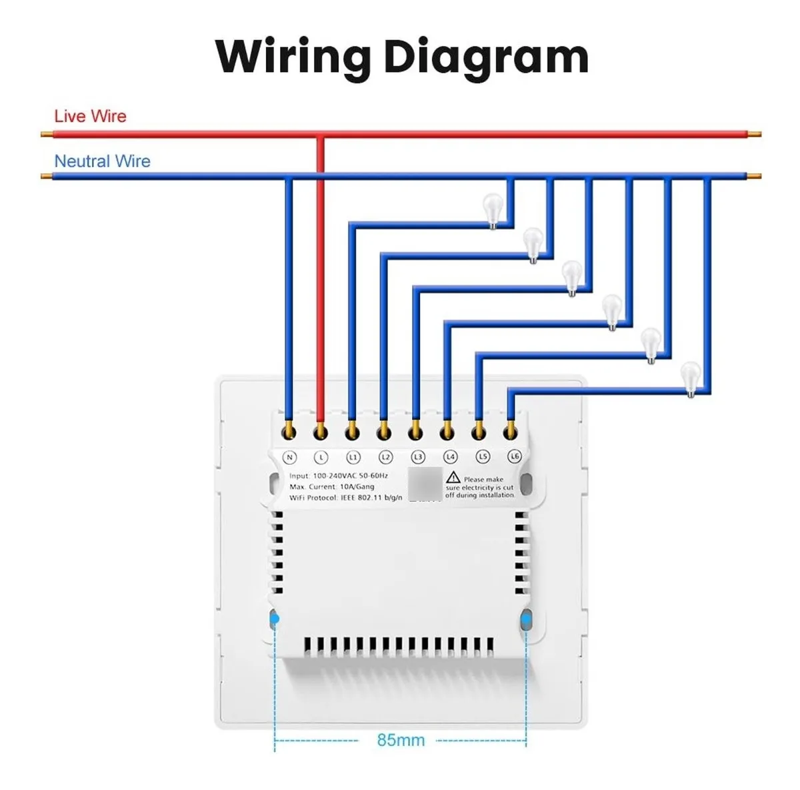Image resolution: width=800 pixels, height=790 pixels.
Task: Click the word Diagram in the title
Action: coord(486,57)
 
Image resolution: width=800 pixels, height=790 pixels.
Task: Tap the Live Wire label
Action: coord(90,117)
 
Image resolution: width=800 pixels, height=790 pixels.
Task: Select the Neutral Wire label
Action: coord(102,161)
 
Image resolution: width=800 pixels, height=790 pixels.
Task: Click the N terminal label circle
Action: coord(289,458)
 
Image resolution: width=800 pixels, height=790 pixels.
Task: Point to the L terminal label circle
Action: coord(321,458)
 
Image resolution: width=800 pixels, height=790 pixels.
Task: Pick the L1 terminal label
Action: coord(353,458)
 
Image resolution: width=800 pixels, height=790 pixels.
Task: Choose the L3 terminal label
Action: coord(417,458)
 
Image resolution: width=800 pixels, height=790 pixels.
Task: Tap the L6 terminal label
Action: coord(514,457)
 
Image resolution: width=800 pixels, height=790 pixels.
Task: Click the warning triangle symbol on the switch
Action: coord(453,477)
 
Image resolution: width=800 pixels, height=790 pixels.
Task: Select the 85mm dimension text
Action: coord(401,740)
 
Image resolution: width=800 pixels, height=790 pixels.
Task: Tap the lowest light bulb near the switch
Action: coord(691,378)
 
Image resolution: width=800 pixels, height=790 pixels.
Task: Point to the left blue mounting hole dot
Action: coord(274,619)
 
